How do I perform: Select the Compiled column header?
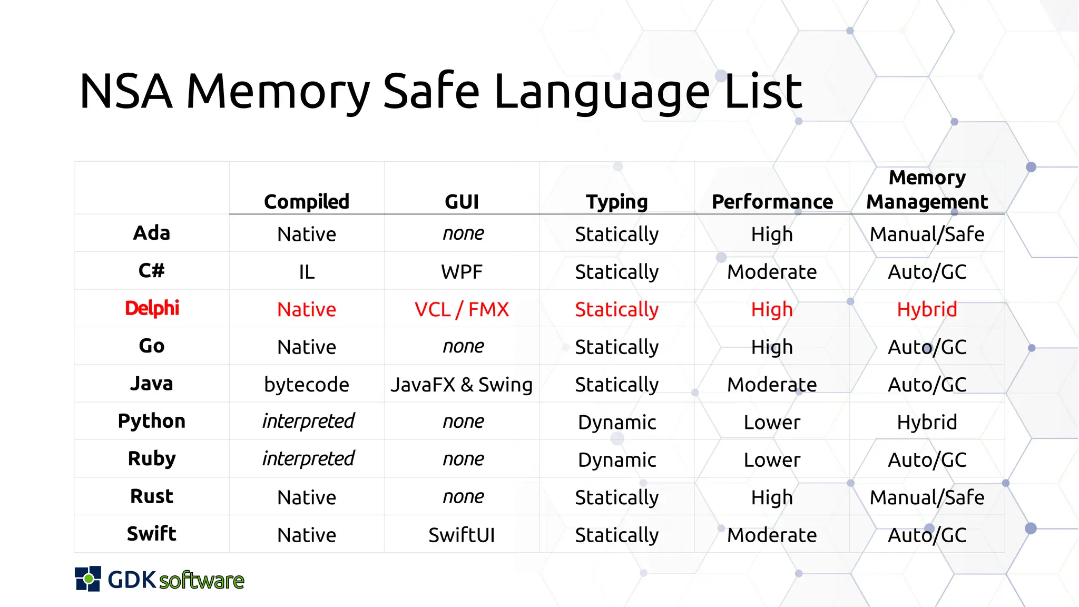coord(307,202)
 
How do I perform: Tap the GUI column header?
coord(462,202)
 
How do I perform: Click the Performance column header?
coord(772,202)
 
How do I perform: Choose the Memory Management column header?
coord(927,190)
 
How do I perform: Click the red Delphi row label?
coord(152,308)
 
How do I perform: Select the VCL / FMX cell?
coord(462,309)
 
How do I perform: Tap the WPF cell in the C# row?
coord(462,272)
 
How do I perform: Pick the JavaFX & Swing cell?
coord(462,385)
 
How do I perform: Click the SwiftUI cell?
coord(462,535)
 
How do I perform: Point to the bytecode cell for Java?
coord(307,385)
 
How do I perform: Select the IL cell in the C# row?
coord(307,272)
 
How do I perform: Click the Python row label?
coord(152,422)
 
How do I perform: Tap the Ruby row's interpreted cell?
coord(308,459)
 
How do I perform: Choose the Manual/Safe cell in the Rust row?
coord(927,497)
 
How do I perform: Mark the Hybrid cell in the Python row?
coord(927,422)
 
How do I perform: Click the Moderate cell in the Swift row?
coord(772,535)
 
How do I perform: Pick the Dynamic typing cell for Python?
coord(616,422)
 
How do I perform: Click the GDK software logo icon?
coord(88,579)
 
